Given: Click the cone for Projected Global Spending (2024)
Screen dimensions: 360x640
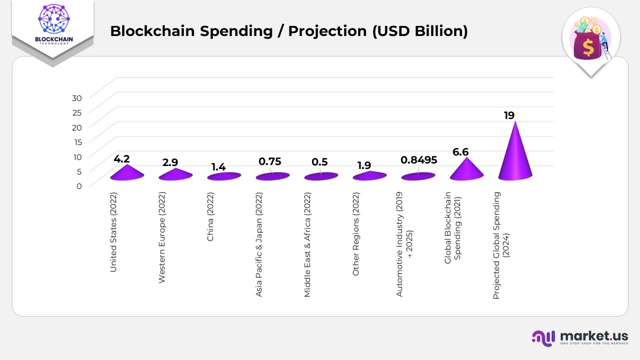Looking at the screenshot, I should tap(515, 157).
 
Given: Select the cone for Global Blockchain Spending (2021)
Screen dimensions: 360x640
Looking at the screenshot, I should tap(466, 170).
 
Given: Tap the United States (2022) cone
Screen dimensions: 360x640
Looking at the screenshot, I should tap(127, 172).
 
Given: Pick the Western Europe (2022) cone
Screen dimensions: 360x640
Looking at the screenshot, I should tap(175, 174).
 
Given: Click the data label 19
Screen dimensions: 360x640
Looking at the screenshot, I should tap(509, 115).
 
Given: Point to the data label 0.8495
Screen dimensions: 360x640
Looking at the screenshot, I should tap(418, 160).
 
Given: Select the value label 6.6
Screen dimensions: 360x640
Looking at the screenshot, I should tap(460, 152).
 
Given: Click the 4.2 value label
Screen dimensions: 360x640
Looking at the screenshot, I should tap(121, 159).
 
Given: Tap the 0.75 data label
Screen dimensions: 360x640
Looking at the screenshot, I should tap(269, 161).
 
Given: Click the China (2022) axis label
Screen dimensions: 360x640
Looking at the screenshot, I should tap(210, 216).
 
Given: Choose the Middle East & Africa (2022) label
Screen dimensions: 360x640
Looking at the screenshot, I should tap(307, 244).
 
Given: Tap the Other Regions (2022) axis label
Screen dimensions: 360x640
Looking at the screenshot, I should tap(356, 233).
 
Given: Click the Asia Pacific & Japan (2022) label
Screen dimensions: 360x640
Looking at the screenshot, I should tap(259, 244).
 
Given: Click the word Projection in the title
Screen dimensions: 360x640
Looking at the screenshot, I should tap(327, 31).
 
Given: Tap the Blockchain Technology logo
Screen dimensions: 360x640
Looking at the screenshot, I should tap(52, 25).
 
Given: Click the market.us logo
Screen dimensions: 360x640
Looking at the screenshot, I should tap(579, 337).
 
